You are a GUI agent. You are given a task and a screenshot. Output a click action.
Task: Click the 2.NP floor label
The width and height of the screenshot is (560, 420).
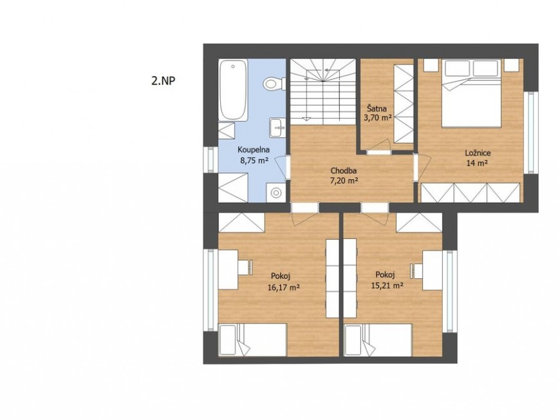(x=163, y=81)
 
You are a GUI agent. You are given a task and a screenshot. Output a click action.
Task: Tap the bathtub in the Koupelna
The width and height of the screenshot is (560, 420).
(x=233, y=90)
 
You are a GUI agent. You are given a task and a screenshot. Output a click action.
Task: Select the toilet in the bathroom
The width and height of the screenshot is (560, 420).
(x=274, y=84)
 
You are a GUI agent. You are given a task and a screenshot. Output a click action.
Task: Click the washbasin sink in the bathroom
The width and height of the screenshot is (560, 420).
(x=278, y=128)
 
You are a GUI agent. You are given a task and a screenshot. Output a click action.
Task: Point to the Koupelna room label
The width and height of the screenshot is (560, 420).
(x=254, y=150)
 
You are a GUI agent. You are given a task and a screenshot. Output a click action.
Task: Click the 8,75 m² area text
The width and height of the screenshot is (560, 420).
(x=254, y=160)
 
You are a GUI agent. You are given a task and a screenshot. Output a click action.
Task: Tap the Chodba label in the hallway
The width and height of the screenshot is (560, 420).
(x=344, y=171)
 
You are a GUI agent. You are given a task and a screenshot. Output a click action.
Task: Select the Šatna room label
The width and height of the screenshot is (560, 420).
(x=377, y=108)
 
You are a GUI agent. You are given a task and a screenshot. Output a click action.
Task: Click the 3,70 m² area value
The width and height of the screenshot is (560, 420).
(x=378, y=118)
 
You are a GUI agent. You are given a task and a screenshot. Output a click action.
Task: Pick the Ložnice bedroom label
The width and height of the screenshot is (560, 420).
(x=478, y=153)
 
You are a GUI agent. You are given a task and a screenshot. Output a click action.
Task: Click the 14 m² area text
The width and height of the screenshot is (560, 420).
(x=477, y=164)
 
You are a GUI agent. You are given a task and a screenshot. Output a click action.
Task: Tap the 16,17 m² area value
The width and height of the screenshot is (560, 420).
(x=283, y=287)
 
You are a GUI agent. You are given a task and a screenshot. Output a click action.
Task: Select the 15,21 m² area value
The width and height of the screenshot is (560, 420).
(x=387, y=285)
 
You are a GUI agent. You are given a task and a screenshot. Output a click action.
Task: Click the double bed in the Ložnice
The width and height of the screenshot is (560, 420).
(x=471, y=93)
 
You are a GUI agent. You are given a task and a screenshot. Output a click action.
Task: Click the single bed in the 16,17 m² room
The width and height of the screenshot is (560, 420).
(x=252, y=340)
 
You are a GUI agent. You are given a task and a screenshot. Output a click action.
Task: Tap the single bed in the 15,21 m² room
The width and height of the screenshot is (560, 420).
(x=378, y=340)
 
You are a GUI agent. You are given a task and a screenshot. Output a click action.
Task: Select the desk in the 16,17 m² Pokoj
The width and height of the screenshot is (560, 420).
(x=229, y=269)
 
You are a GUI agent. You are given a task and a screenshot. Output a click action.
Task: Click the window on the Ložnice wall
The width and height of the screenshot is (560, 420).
(x=532, y=133)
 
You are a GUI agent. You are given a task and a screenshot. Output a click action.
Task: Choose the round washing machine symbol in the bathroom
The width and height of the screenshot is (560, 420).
(x=275, y=193)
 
